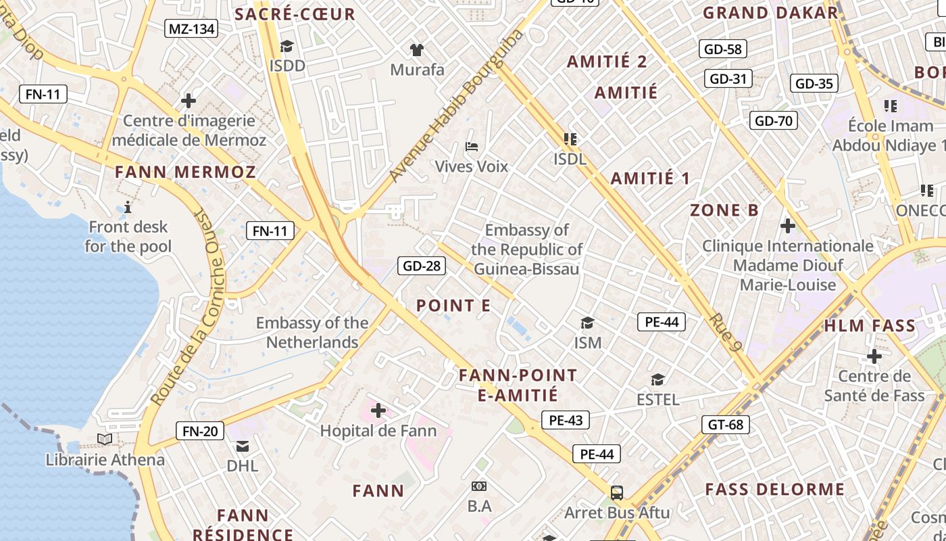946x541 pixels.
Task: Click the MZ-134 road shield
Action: click(x=191, y=28)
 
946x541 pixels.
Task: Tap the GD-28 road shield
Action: click(x=422, y=266)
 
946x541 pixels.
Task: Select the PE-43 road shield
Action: click(x=566, y=420)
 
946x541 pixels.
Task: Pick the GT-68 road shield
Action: click(x=726, y=425)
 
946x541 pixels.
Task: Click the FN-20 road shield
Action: click(x=200, y=431)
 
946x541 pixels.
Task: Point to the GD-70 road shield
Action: click(x=774, y=121)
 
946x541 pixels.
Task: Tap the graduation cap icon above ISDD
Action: click(x=287, y=47)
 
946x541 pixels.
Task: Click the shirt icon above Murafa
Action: click(x=417, y=49)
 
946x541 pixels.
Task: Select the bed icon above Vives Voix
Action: click(x=472, y=146)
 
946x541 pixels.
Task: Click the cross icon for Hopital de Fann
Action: click(x=378, y=410)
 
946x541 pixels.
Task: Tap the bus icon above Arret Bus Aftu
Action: click(x=617, y=492)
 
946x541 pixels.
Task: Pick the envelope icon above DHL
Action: click(x=242, y=446)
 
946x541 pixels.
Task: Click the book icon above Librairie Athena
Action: click(x=105, y=440)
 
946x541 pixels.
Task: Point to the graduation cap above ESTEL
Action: click(x=657, y=379)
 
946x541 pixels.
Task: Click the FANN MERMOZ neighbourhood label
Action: click(x=185, y=172)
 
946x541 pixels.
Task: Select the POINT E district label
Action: click(x=453, y=306)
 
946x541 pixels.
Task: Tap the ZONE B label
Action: click(x=724, y=210)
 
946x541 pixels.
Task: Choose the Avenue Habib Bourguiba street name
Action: click(x=456, y=106)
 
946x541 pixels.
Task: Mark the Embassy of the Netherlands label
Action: click(x=312, y=333)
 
